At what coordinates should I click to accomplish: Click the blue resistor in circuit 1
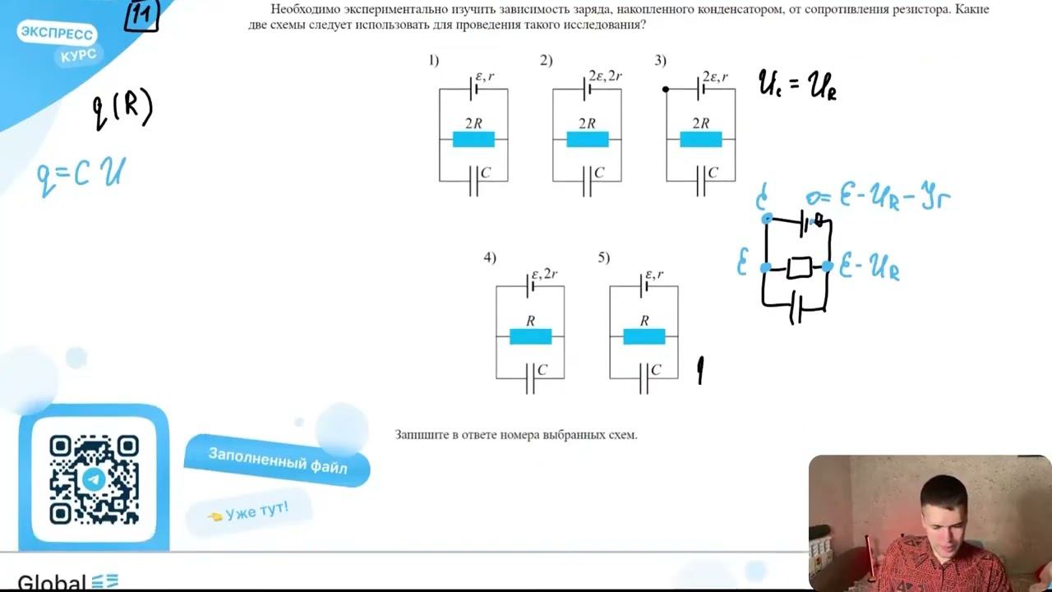(x=473, y=139)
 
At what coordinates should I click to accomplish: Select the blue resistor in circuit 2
(x=587, y=139)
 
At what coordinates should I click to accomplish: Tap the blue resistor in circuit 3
(x=700, y=139)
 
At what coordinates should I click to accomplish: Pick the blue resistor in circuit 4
(x=530, y=335)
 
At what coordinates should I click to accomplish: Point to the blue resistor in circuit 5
(x=644, y=335)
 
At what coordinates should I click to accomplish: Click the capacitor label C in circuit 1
(x=486, y=173)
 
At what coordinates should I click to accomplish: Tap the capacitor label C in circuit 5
(x=656, y=370)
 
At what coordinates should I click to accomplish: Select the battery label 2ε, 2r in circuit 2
(x=605, y=76)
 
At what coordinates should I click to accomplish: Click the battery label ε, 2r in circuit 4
(x=545, y=274)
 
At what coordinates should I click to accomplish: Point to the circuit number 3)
(x=660, y=60)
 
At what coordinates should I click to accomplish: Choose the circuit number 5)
(x=604, y=257)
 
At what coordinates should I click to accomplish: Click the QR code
(x=94, y=479)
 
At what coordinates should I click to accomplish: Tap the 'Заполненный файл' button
(x=277, y=460)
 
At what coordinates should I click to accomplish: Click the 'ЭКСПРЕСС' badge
(x=56, y=34)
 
